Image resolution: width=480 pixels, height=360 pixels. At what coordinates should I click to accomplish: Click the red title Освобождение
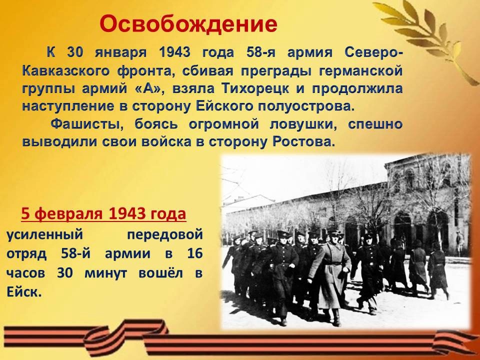click(x=188, y=24)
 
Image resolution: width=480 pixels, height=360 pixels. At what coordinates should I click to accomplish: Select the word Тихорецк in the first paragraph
click(x=255, y=88)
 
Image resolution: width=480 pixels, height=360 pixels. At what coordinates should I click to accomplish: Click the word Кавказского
click(x=66, y=71)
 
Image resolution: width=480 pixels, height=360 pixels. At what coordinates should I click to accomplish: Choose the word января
click(x=120, y=53)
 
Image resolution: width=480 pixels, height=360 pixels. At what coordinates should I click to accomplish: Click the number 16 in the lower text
click(x=194, y=254)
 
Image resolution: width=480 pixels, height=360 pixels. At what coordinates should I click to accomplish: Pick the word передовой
click(x=164, y=235)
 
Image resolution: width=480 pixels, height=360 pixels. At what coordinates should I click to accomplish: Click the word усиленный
click(x=44, y=235)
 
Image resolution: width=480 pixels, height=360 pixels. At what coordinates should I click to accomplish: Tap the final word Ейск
click(x=24, y=292)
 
